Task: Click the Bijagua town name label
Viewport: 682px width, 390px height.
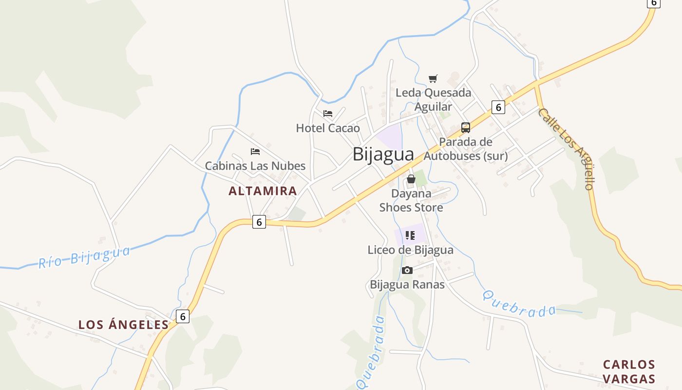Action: tap(383, 154)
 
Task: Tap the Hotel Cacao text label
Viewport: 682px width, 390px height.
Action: tap(328, 128)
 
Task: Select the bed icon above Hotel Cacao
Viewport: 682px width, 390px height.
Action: tap(328, 114)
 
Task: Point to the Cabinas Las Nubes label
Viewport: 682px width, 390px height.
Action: tap(255, 166)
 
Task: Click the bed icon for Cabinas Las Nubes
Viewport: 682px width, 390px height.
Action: tap(255, 152)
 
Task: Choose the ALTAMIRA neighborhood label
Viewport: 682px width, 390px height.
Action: tap(263, 191)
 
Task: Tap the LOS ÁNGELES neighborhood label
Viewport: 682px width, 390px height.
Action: tap(123, 325)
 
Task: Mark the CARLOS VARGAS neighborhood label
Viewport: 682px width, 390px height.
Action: tap(629, 371)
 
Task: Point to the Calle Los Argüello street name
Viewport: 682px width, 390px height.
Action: tap(567, 148)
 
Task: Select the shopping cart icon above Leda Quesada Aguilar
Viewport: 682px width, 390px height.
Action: tap(433, 78)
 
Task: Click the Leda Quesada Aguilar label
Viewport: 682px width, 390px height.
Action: tap(433, 99)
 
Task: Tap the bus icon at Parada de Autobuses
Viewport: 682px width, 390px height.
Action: tap(466, 128)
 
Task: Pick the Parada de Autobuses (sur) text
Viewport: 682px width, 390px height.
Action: tap(466, 149)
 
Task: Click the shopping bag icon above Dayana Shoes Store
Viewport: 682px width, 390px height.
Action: tap(411, 179)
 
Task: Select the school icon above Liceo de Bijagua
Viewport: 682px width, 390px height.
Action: tap(410, 236)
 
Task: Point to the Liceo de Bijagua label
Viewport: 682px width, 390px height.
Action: tap(410, 250)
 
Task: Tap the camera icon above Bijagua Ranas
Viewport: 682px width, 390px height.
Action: tap(407, 270)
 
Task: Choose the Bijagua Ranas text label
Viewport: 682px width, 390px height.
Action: tap(407, 284)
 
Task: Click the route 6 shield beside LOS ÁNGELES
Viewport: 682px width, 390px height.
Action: tap(183, 316)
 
